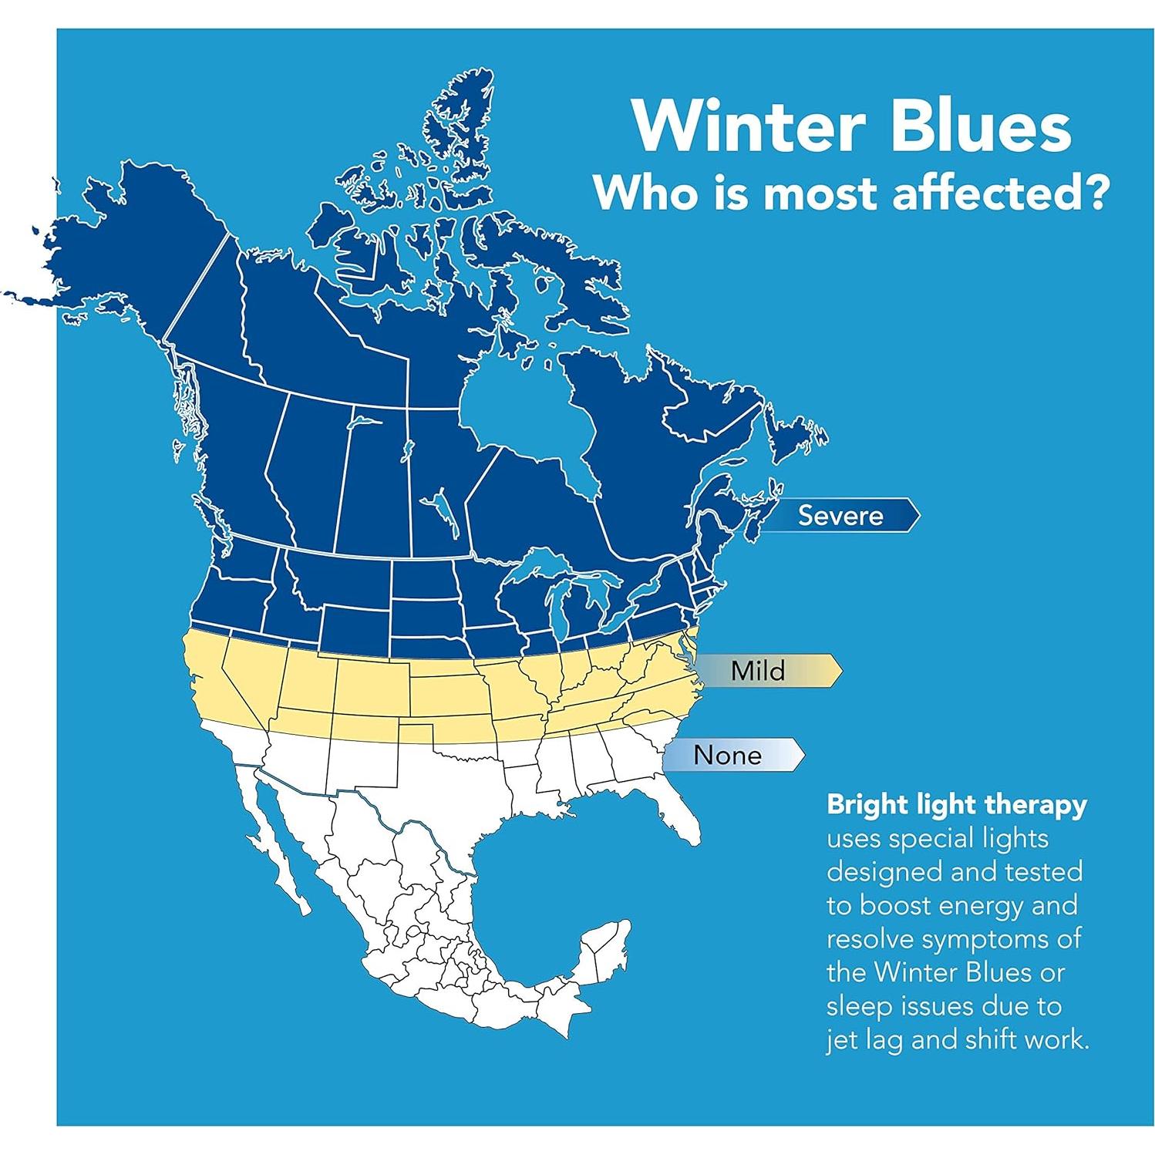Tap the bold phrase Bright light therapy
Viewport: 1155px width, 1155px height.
click(x=957, y=805)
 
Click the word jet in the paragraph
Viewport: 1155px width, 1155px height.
click(x=845, y=1040)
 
